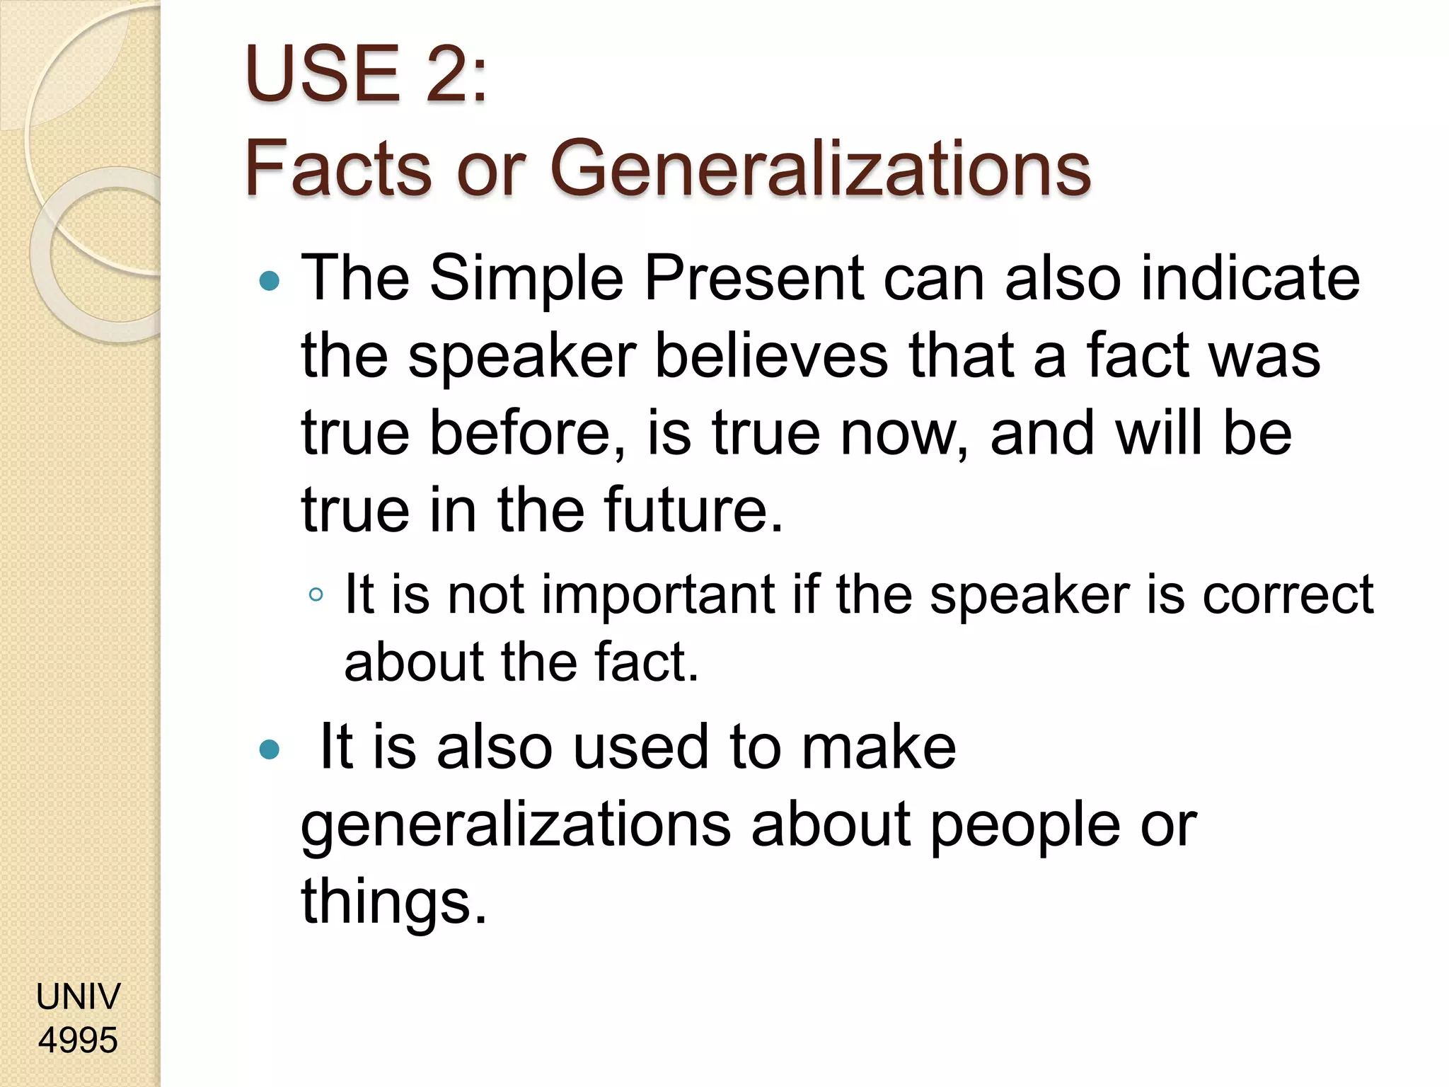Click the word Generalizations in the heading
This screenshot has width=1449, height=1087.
pos(820,168)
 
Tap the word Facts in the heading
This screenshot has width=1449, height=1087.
pos(337,168)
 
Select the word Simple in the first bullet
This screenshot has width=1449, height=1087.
pos(526,278)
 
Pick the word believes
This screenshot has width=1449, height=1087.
pos(771,355)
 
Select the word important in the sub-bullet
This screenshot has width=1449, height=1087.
pos(658,594)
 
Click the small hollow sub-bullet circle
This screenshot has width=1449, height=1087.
pos(316,594)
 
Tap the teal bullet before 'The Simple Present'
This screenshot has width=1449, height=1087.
pos(270,282)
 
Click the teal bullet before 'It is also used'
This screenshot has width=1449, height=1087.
pos(270,749)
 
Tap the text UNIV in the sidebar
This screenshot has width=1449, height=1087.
pos(79,996)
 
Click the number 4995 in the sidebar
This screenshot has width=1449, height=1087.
pos(79,1040)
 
